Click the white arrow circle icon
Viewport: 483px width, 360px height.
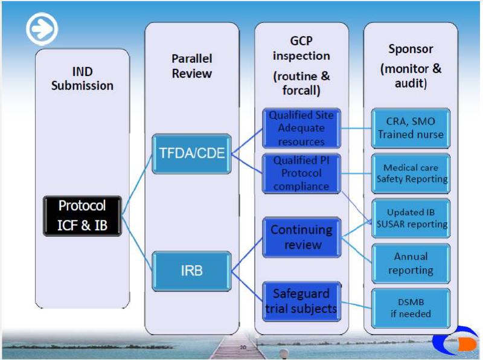pyautogui.click(x=42, y=28)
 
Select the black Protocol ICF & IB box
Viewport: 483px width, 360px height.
pyautogui.click(x=82, y=214)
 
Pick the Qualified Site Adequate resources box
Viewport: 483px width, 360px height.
pyautogui.click(x=301, y=128)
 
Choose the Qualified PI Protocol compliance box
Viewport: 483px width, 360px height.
pyautogui.click(x=301, y=174)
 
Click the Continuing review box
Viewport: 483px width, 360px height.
pyautogui.click(x=301, y=237)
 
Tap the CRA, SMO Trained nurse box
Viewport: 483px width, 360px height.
pyautogui.click(x=411, y=127)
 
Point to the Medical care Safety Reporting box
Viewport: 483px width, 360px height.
pyautogui.click(x=411, y=173)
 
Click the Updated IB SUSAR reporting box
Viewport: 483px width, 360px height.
pyautogui.click(x=411, y=218)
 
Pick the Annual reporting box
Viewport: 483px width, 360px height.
pyautogui.click(x=411, y=263)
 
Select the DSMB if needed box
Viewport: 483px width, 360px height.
pyautogui.click(x=411, y=307)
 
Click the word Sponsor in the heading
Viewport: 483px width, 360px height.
pyautogui.click(x=411, y=49)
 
